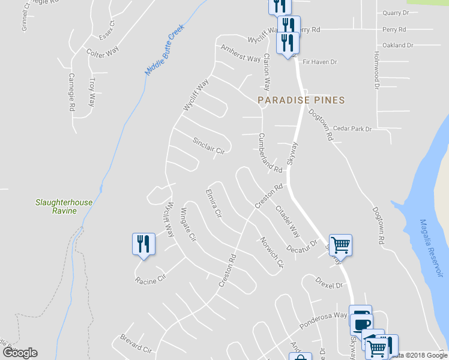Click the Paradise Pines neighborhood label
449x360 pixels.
pos(301,100)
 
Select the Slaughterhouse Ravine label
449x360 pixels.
pos(64,206)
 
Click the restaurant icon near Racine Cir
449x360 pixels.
pos(143,244)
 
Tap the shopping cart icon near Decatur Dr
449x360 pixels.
pos(340,244)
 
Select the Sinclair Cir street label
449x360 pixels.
pos(208,145)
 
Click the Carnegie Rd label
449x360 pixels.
pos(71,92)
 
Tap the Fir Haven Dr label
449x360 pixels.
pos(320,62)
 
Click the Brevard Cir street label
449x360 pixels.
pos(136,344)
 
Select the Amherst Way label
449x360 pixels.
pos(241,53)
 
